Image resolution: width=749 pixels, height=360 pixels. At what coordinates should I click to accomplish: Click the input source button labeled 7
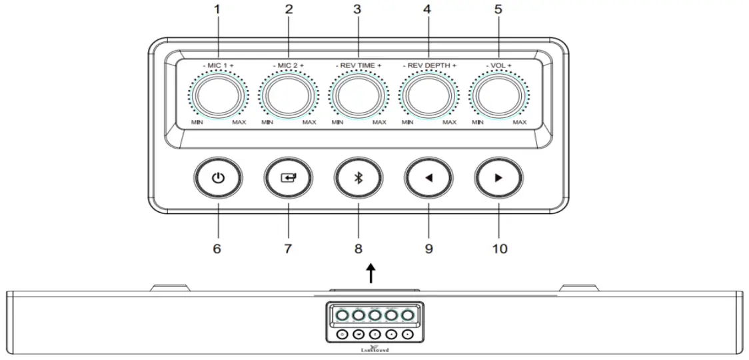tap(288, 179)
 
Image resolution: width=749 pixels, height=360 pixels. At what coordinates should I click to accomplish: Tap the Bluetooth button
tap(359, 179)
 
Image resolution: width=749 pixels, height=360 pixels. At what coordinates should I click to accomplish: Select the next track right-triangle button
tap(499, 179)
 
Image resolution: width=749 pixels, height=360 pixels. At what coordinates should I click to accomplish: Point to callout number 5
tap(499, 11)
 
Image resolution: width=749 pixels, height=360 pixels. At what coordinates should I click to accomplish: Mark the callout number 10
tap(499, 249)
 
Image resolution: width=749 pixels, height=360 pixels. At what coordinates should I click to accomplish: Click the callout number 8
tap(359, 249)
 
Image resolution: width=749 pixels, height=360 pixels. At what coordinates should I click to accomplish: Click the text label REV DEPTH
tap(430, 65)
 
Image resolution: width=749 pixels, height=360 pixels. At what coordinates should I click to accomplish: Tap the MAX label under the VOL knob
tap(520, 123)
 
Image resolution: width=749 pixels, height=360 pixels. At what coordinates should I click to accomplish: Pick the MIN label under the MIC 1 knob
tap(197, 123)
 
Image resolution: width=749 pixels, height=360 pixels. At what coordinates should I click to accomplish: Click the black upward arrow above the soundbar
tap(371, 273)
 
